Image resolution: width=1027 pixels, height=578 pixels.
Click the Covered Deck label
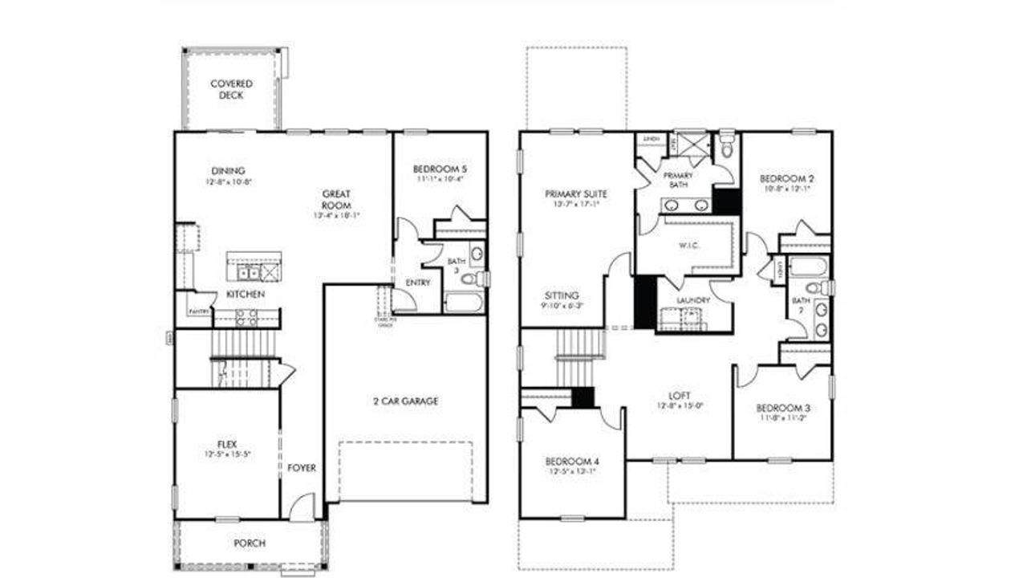pyautogui.click(x=231, y=89)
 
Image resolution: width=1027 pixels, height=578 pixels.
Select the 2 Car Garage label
pyautogui.click(x=405, y=401)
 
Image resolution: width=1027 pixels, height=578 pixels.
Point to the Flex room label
pyautogui.click(x=226, y=444)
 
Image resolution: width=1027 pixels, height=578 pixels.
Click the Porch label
pyautogui.click(x=250, y=543)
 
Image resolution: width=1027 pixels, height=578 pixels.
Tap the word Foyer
pyautogui.click(x=302, y=468)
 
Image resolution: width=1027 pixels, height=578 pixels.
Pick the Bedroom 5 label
pyautogui.click(x=440, y=169)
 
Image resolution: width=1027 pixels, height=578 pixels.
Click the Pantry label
pyautogui.click(x=199, y=311)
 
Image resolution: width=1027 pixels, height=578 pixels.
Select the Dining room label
pyautogui.click(x=229, y=171)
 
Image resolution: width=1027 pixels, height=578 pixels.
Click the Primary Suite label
pyautogui.click(x=575, y=194)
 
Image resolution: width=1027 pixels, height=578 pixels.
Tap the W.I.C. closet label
pyautogui.click(x=688, y=246)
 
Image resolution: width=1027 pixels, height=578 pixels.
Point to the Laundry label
pyautogui.click(x=694, y=301)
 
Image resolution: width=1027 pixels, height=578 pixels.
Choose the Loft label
pyautogui.click(x=680, y=396)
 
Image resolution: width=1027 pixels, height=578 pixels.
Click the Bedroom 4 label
pyautogui.click(x=571, y=462)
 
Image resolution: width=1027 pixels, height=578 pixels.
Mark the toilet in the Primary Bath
pyautogui.click(x=728, y=148)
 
